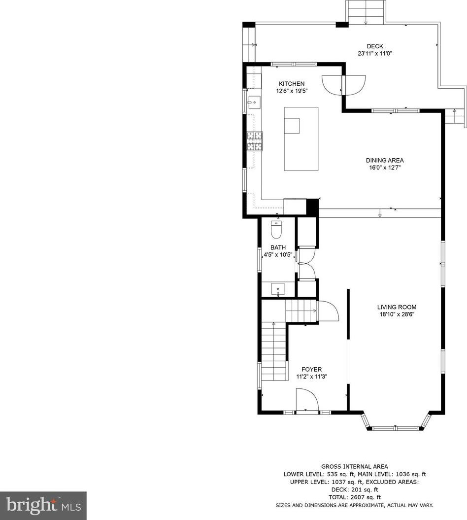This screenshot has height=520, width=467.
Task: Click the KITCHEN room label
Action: click(291, 84)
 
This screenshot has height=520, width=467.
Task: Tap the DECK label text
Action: click(375, 46)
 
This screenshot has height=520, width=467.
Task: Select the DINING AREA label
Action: click(384, 161)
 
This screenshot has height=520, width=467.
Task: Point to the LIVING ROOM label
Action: click(397, 307)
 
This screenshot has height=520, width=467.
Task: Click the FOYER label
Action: click(311, 370)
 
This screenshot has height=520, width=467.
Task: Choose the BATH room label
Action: click(278, 247)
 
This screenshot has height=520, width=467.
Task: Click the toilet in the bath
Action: click(276, 230)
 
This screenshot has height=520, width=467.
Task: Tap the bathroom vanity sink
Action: click(278, 289)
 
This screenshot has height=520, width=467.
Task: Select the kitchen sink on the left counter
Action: click(254, 103)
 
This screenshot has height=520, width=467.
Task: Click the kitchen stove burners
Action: click(255, 141)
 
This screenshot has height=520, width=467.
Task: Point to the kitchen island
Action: click(301, 139)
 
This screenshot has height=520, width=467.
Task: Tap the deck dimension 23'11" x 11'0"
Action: click(375, 53)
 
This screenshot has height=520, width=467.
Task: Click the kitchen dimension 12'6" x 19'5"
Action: click(292, 91)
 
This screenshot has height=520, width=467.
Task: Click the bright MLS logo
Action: click(43, 506)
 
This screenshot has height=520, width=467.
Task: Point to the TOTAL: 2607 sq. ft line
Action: click(354, 497)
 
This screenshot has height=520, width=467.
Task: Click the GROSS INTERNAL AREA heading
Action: click(354, 467)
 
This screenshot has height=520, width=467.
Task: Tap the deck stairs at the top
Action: click(366, 12)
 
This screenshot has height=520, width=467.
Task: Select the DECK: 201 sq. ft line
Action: click(354, 489)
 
